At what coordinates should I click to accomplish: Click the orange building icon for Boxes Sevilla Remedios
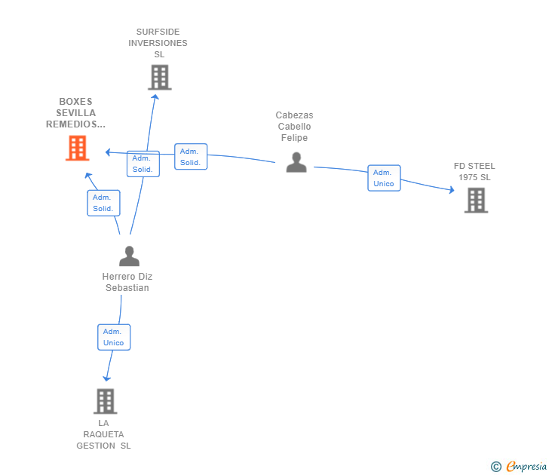tap(77, 149)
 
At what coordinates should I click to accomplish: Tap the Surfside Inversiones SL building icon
tap(159, 78)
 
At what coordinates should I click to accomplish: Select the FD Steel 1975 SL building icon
tap(476, 201)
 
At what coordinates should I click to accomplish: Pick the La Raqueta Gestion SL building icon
tap(106, 401)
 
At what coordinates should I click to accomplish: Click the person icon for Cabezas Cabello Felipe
tap(296, 162)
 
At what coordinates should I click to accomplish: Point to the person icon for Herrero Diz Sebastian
tap(129, 256)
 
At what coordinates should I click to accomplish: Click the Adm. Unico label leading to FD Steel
tap(384, 178)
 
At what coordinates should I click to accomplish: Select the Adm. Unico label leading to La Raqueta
tap(114, 337)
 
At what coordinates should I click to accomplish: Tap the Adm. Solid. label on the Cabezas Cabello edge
tap(190, 157)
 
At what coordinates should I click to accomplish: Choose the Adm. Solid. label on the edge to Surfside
tap(143, 164)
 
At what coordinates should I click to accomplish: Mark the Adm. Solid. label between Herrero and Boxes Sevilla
tap(103, 203)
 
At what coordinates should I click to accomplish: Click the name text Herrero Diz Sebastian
tap(127, 282)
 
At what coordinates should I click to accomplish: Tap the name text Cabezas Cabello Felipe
tap(294, 127)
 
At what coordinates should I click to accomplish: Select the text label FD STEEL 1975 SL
tap(474, 172)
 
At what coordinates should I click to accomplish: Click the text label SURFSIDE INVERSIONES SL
tap(158, 43)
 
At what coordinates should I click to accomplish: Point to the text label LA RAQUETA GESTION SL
tap(103, 434)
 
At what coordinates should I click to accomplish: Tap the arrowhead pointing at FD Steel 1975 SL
tap(452, 190)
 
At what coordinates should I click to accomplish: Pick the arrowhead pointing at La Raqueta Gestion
tap(107, 378)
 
